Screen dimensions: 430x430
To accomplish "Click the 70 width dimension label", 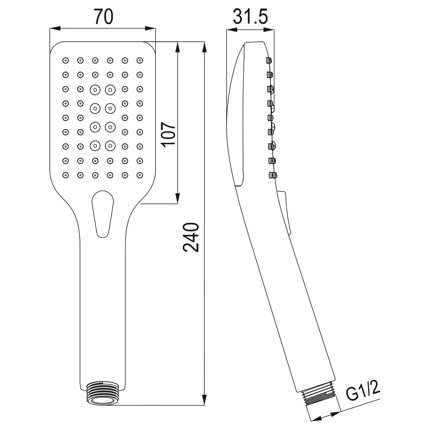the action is [104, 17].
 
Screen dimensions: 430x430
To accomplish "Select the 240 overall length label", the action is [191, 237].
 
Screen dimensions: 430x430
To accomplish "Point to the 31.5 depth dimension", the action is [250, 17].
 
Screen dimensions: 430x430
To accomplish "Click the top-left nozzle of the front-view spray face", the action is [65, 60].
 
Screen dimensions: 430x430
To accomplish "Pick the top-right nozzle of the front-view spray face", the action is [140, 60].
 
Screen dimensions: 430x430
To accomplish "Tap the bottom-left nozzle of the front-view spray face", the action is [65, 175].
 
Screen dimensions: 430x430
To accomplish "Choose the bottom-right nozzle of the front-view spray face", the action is [140, 175].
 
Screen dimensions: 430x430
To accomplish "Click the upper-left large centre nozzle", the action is [95, 90].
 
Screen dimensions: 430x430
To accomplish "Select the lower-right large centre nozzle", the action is [110, 146].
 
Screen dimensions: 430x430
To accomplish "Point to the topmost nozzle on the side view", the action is [269, 60].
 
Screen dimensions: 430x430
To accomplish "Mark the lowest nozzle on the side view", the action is [273, 175].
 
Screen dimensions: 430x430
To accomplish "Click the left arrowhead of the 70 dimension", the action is [55, 28].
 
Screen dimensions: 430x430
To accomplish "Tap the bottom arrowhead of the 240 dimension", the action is [204, 399].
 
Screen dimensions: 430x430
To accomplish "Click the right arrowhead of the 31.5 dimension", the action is [269, 30].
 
